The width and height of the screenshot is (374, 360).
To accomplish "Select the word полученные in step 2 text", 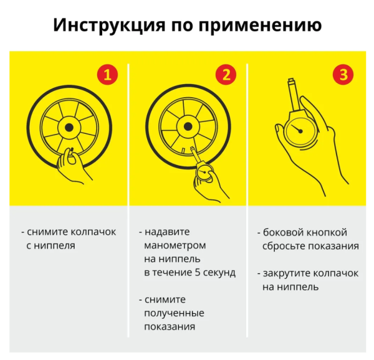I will (x=174, y=313).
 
